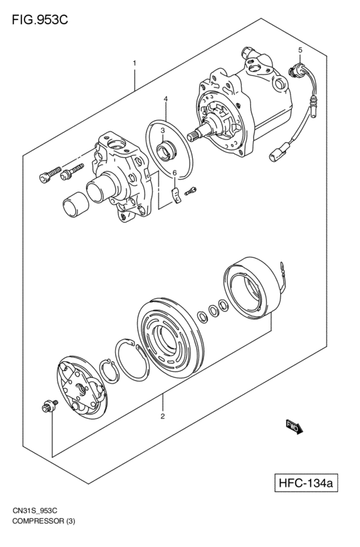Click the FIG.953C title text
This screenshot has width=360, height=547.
[40, 20]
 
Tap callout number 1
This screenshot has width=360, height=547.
[134, 63]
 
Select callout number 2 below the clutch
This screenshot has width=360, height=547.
[163, 416]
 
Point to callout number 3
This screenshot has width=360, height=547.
[163, 130]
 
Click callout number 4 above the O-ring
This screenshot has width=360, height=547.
[166, 99]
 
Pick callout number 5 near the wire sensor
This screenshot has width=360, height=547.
[300, 50]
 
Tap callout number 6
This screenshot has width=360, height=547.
[175, 173]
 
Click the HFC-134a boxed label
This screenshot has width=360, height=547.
[306, 483]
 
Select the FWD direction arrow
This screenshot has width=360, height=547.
[294, 426]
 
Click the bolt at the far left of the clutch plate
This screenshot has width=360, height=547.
[49, 406]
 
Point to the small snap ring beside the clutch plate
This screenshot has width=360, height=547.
[109, 370]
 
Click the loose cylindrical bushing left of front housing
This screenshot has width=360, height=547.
[75, 204]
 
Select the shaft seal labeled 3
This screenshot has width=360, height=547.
[167, 152]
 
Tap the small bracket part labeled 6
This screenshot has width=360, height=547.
[177, 196]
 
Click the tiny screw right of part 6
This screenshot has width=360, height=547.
[191, 190]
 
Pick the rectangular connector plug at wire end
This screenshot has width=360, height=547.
[276, 154]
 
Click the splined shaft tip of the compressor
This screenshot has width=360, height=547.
[195, 135]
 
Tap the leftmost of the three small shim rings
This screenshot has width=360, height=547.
[202, 317]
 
